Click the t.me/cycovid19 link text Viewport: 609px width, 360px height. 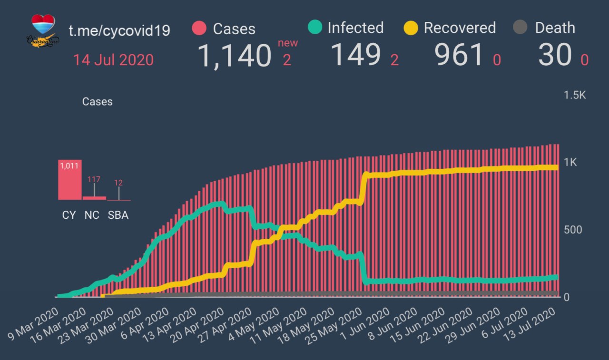pos(119,30)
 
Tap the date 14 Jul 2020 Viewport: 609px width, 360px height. pos(113,60)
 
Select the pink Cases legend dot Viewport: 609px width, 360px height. pos(199,28)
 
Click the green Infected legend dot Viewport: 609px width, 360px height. pos(314,28)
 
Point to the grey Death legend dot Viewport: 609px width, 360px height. pos(521,28)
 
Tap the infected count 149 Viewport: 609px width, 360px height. pos(355,55)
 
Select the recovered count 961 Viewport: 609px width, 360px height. pos(459,55)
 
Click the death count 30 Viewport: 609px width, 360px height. pos(555,55)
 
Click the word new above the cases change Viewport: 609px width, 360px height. pos(288,43)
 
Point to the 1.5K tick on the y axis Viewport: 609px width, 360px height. pos(575,95)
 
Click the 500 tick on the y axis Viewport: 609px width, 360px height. pos(573,230)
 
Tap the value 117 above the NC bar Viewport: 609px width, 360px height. pos(94,180)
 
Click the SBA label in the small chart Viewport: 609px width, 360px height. pos(118,215)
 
